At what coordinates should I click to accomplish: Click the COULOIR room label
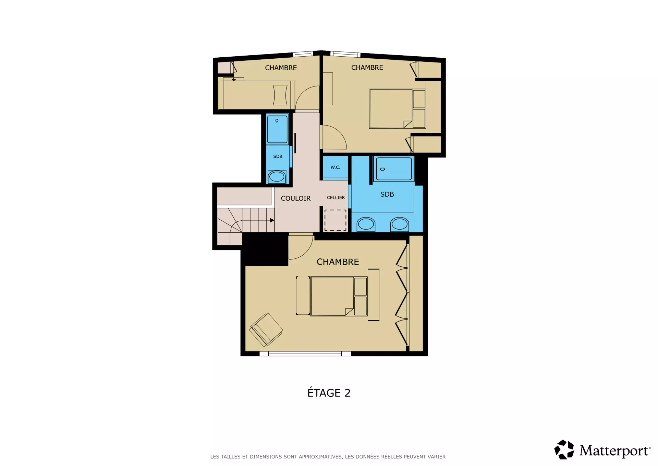[295, 198]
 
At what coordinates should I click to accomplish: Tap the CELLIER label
[336, 198]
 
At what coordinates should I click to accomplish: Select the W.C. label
[336, 167]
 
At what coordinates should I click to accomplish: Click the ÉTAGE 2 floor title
[329, 393]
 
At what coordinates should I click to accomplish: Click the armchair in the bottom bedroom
[266, 330]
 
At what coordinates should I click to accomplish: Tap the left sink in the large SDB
[366, 224]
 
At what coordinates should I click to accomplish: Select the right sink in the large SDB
[400, 224]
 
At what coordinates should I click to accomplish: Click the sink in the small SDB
[277, 177]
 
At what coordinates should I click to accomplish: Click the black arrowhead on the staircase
[272, 220]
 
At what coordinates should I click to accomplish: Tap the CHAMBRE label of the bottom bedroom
[338, 262]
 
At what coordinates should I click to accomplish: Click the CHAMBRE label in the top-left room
[281, 68]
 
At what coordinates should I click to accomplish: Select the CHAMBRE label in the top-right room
[367, 68]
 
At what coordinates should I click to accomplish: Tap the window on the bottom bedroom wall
[305, 354]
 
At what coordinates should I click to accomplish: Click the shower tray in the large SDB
[394, 169]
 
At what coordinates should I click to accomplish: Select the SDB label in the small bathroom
[278, 156]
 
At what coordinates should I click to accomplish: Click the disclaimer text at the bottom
[328, 457]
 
